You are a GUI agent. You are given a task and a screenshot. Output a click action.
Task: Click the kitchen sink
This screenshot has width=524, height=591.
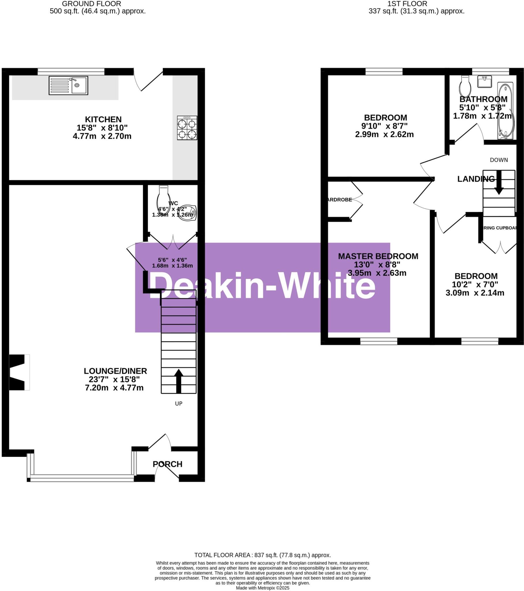[x=68, y=85]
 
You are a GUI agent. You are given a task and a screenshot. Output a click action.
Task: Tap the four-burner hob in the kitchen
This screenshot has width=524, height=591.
[x=187, y=128]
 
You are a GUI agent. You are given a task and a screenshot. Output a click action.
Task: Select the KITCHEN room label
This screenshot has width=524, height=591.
[x=103, y=119]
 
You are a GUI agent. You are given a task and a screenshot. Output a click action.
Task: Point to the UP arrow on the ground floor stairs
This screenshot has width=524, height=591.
[x=179, y=381]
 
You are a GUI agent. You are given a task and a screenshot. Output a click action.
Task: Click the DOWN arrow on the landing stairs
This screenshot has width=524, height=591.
[x=499, y=182]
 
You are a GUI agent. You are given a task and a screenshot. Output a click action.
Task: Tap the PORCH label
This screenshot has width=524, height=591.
[x=167, y=464]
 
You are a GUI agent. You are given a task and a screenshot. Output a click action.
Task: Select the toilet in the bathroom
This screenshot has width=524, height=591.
[x=465, y=86]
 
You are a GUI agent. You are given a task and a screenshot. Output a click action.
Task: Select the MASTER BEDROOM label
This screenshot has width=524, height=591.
[x=378, y=256]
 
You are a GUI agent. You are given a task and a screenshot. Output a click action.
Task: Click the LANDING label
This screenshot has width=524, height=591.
[x=476, y=179]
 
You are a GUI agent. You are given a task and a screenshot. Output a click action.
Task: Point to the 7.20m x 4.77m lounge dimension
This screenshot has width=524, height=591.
[x=114, y=388]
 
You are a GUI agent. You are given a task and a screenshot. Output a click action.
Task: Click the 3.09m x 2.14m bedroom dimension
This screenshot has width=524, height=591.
[x=475, y=293]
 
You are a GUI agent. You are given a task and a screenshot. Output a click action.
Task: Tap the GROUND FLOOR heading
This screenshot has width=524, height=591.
[x=91, y=4]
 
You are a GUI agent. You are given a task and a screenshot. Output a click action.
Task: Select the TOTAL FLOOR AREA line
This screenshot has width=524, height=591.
[x=262, y=555]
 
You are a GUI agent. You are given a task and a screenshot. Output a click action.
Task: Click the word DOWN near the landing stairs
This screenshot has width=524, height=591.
[x=499, y=160]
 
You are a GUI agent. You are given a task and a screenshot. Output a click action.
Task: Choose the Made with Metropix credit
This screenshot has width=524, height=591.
[x=262, y=588]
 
